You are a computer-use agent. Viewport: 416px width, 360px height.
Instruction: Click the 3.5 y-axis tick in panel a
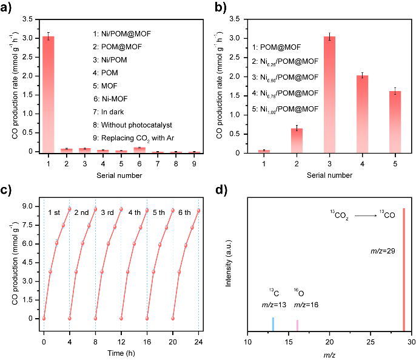[28, 19]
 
